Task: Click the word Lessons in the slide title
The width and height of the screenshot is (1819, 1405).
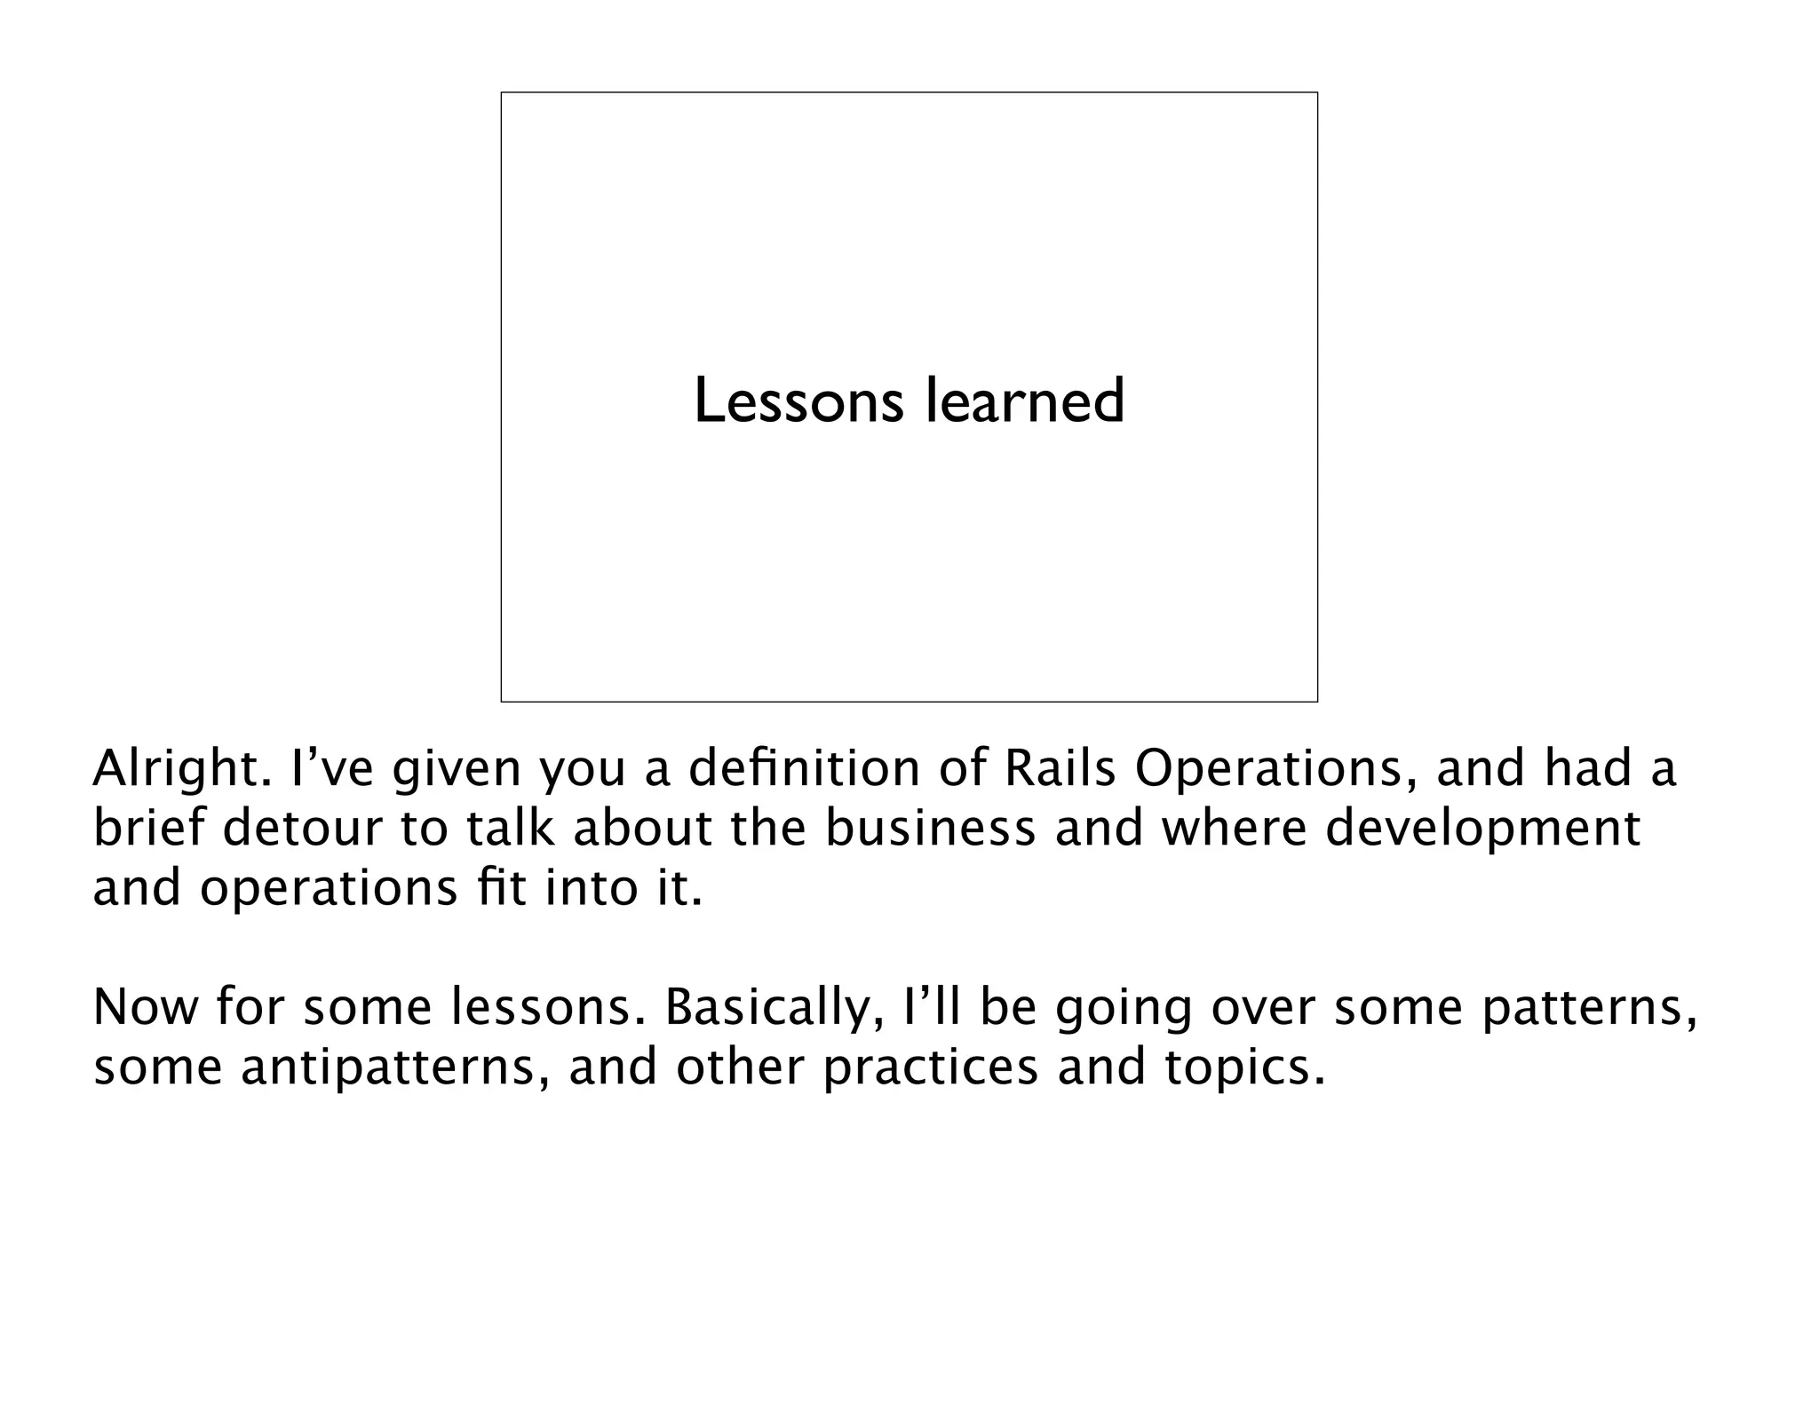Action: tap(798, 401)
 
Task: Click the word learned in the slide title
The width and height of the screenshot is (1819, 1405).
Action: tap(1025, 401)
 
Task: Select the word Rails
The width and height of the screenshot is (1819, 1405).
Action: tap(1059, 769)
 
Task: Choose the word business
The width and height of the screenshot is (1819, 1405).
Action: tap(930, 829)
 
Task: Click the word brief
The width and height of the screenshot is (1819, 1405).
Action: tap(147, 829)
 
